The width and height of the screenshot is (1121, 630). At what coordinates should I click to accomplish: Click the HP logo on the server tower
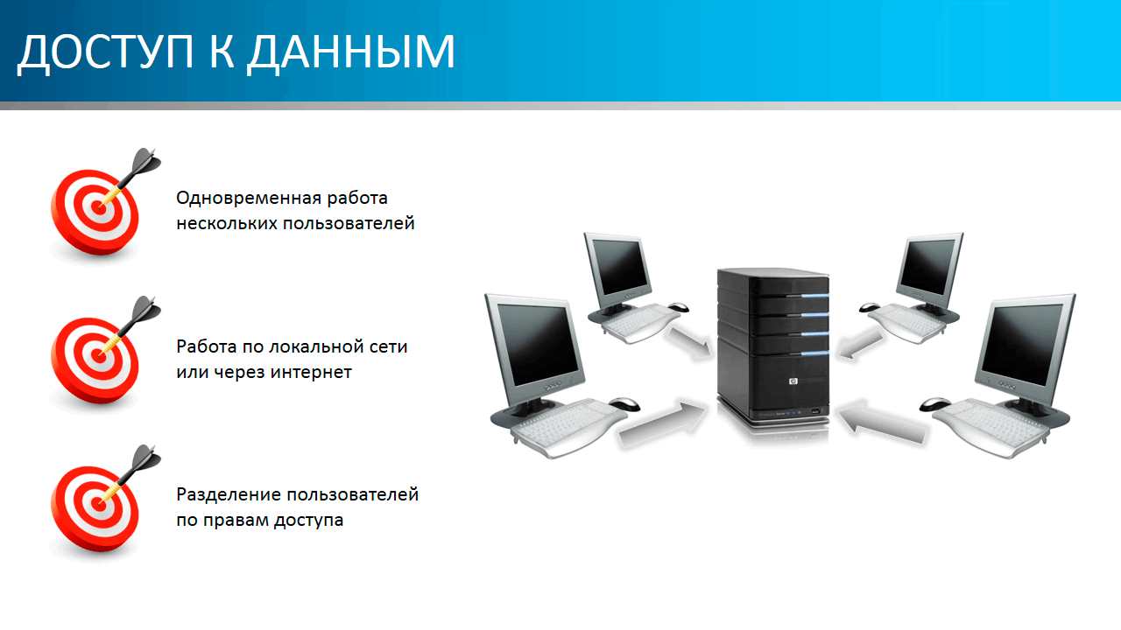pos(793,381)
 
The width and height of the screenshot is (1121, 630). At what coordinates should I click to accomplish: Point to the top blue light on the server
pos(814,296)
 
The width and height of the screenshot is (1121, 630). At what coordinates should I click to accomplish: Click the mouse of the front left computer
pos(624,403)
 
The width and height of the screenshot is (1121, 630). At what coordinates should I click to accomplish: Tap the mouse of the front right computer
pos(934,404)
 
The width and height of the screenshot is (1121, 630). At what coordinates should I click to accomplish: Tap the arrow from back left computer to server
pos(689,342)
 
